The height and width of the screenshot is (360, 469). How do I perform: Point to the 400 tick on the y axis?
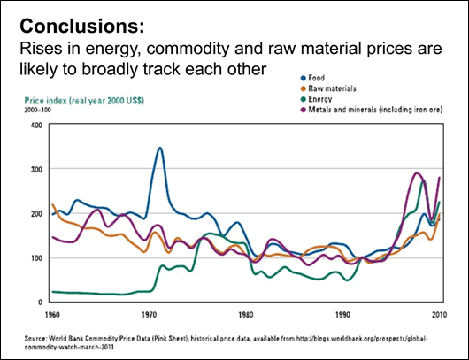tap(35, 126)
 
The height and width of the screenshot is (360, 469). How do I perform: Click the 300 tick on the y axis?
tap(35, 170)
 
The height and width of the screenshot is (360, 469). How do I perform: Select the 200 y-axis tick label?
tap(35, 214)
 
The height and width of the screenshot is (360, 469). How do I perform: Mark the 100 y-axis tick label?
tap(35, 258)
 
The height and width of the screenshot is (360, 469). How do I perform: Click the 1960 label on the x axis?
tap(52, 313)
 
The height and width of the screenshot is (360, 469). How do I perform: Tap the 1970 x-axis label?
tap(150, 313)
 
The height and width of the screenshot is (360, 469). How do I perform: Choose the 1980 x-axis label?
tap(247, 313)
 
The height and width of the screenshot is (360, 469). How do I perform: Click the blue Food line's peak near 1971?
tap(160, 148)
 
